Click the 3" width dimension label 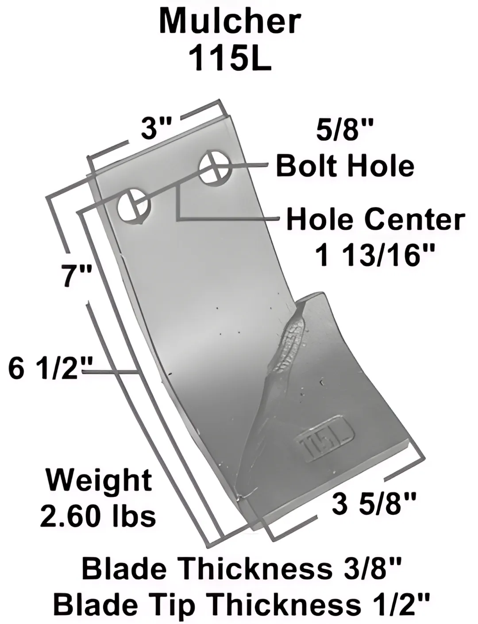coord(157,128)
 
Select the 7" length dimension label coord(77,276)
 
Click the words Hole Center coord(376,220)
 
